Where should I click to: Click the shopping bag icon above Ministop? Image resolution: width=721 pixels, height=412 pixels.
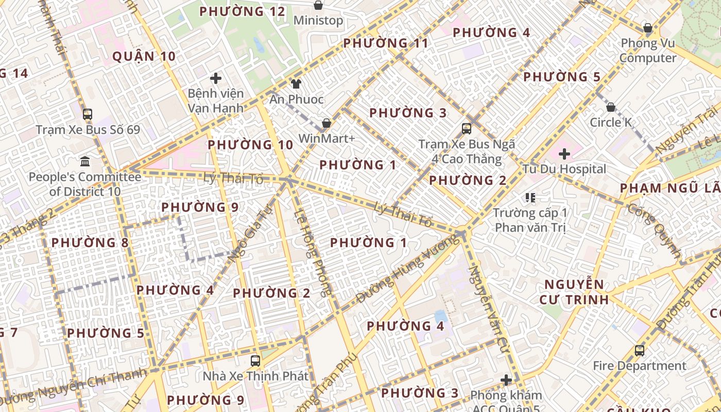[x=318, y=6]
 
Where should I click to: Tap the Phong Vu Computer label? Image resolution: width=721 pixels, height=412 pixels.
[x=648, y=50]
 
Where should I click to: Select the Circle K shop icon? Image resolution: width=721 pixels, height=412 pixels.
[x=610, y=108]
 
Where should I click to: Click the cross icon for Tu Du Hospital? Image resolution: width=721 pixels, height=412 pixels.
[x=564, y=154]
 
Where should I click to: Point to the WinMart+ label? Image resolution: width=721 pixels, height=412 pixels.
[x=327, y=139]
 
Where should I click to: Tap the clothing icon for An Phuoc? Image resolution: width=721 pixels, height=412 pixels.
[x=296, y=84]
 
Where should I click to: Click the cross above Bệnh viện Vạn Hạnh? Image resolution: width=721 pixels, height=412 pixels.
[x=216, y=79]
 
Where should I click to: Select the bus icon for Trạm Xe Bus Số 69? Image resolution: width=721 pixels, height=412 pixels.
[x=88, y=114]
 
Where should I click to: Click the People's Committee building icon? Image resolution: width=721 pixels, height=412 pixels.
[x=85, y=162]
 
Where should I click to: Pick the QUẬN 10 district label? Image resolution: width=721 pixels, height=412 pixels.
[x=144, y=57]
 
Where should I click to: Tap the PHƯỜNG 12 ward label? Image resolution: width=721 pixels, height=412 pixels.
[x=242, y=11]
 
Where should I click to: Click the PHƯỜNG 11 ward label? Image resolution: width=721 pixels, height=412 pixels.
[x=385, y=43]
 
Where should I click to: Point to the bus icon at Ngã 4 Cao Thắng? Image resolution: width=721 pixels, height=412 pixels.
[x=467, y=129]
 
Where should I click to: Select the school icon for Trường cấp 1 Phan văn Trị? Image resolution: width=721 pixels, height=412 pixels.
[x=530, y=198]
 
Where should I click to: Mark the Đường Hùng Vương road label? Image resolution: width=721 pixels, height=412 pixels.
[x=407, y=268]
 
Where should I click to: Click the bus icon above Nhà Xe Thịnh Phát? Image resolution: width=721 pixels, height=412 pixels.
[x=255, y=360]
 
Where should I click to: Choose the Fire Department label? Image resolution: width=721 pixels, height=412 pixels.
[x=639, y=366]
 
